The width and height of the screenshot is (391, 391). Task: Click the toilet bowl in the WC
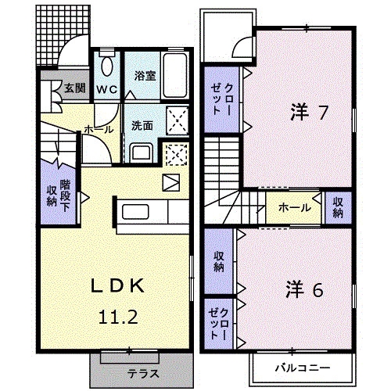point(107,66)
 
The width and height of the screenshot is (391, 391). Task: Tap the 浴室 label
point(145,76)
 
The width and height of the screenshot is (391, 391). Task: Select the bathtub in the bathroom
point(175,75)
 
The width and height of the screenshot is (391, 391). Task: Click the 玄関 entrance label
point(75,88)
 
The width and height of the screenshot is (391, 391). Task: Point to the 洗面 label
point(142,126)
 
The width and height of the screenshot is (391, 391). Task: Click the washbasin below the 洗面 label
point(142,153)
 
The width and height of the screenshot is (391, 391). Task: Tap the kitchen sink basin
point(135,212)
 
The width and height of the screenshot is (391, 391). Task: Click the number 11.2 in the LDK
point(118,317)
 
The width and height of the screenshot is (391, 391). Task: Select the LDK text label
point(117,286)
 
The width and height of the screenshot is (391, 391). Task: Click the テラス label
point(143,374)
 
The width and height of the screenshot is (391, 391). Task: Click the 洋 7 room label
point(309,113)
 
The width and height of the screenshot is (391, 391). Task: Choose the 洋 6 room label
point(304,290)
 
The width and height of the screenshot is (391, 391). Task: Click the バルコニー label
point(303,368)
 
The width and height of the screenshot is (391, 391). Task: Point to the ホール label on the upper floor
point(295,208)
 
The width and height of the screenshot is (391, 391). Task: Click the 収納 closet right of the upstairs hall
point(338,208)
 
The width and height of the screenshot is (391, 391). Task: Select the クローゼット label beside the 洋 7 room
point(221,99)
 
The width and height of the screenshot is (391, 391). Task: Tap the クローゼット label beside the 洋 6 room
point(219,324)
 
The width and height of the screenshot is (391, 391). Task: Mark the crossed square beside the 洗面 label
point(178,120)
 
